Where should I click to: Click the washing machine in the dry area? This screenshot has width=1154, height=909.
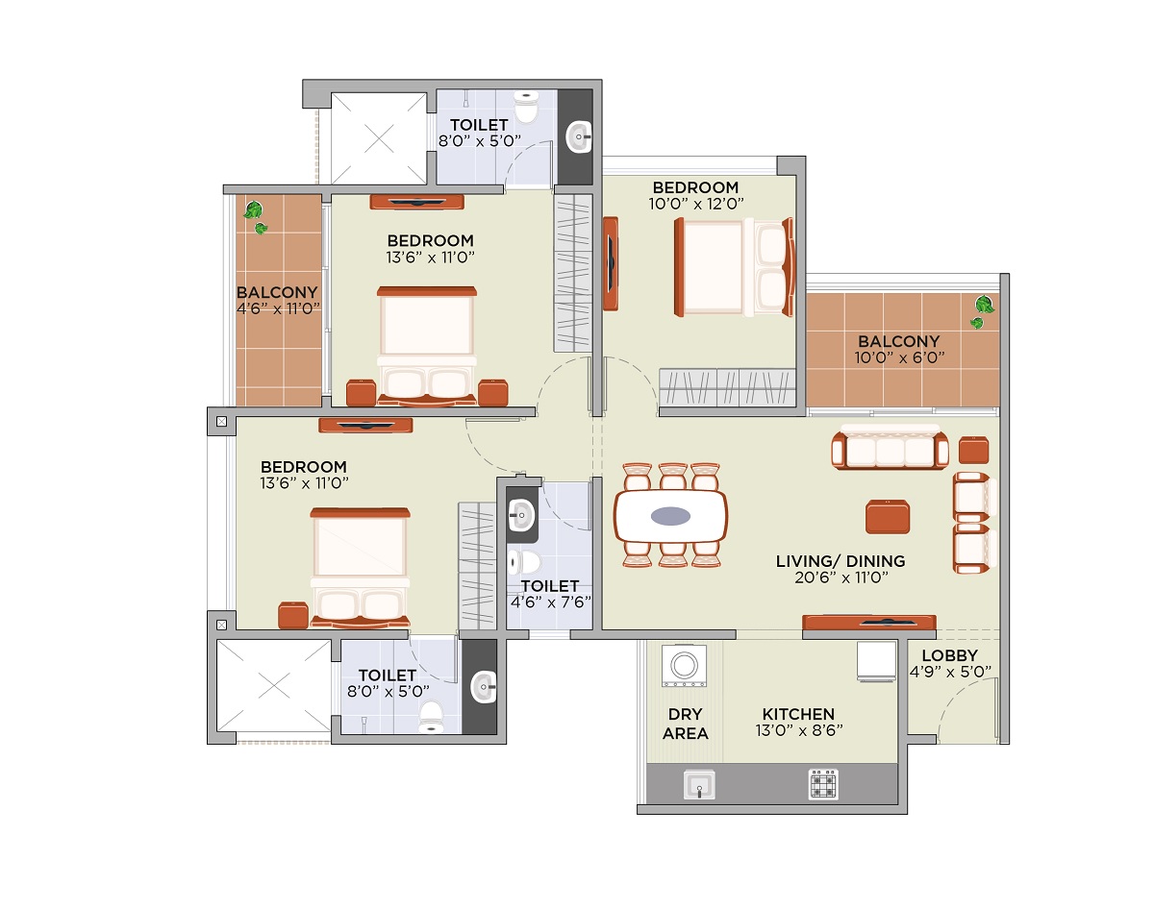(684, 666)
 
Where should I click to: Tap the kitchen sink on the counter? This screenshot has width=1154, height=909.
(699, 785)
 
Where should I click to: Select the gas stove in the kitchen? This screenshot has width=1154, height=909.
(822, 784)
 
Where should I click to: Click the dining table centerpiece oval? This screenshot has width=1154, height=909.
(670, 516)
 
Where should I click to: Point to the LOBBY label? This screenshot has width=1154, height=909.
(950, 655)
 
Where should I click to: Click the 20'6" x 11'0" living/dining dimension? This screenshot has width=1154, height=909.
(840, 577)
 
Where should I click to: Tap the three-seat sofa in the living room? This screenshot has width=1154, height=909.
(890, 447)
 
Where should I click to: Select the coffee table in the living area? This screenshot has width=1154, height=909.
(888, 517)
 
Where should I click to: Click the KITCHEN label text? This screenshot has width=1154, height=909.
(798, 714)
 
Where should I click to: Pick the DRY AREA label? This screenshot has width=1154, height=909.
(686, 724)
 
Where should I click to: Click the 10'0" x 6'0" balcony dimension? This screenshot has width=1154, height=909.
(899, 357)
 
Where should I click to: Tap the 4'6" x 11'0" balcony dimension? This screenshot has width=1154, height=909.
(278, 308)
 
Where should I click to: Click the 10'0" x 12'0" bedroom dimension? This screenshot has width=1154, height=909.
(696, 204)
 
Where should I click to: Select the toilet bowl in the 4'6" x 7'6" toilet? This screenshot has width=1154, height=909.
(524, 562)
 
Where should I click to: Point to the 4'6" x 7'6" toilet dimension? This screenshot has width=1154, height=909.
(550, 602)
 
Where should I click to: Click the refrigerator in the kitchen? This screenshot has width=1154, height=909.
(876, 661)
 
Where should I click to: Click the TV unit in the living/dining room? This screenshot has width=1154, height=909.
(869, 623)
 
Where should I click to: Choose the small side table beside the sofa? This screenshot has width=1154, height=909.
(974, 450)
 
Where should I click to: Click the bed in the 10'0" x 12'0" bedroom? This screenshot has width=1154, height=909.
(734, 267)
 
